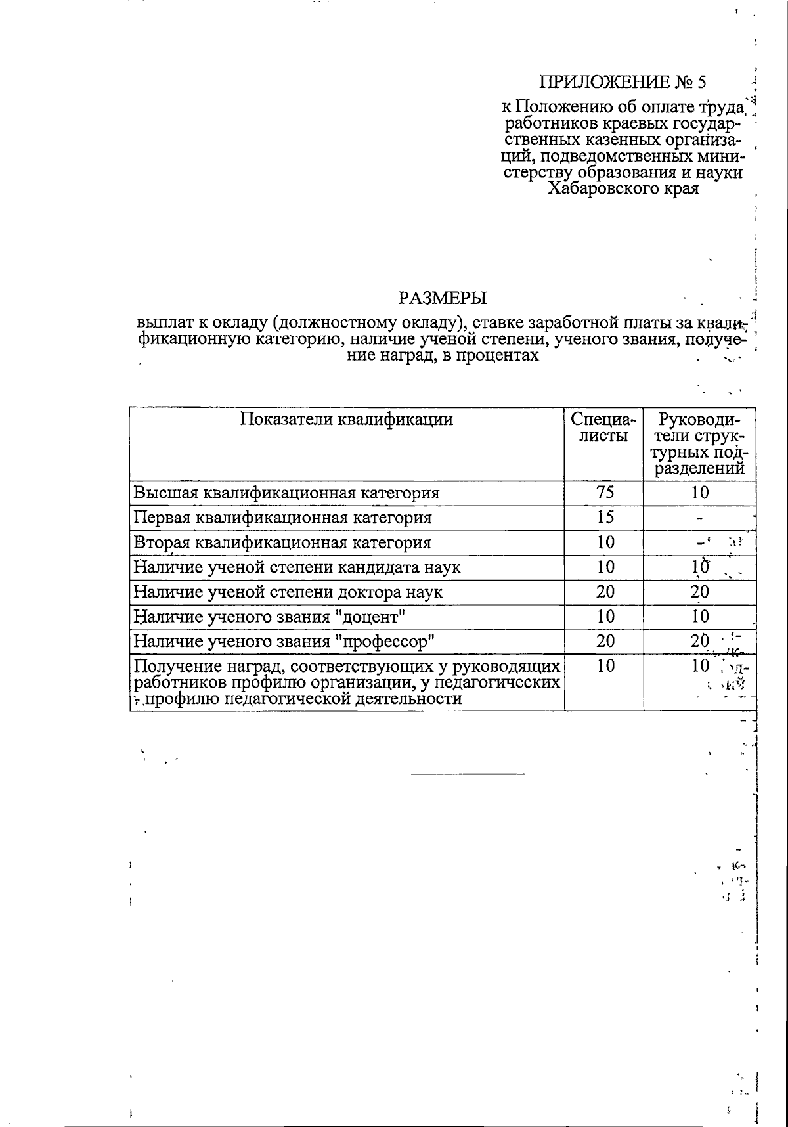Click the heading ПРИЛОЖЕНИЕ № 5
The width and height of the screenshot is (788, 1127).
click(x=624, y=82)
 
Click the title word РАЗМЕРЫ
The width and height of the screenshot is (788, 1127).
click(x=443, y=298)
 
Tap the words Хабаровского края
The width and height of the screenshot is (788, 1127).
click(x=623, y=189)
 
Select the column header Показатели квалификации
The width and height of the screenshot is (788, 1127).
click(x=346, y=419)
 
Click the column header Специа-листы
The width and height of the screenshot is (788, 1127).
click(x=603, y=427)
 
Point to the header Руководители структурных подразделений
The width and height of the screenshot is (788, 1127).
click(x=699, y=443)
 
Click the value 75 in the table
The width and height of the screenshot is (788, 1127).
click(x=605, y=493)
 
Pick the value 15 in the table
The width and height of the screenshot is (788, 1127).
click(x=605, y=517)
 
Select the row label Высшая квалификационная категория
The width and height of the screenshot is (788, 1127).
click(x=286, y=493)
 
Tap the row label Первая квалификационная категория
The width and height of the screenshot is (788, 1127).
click(x=282, y=518)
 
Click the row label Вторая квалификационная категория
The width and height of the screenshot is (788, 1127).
click(x=282, y=542)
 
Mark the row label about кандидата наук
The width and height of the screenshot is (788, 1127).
click(x=297, y=567)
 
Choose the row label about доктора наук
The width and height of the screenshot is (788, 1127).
click(x=288, y=592)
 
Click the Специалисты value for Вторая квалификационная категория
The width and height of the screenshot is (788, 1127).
click(x=605, y=542)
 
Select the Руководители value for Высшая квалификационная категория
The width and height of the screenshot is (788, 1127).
click(x=700, y=493)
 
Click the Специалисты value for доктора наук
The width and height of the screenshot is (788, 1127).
click(x=605, y=592)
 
